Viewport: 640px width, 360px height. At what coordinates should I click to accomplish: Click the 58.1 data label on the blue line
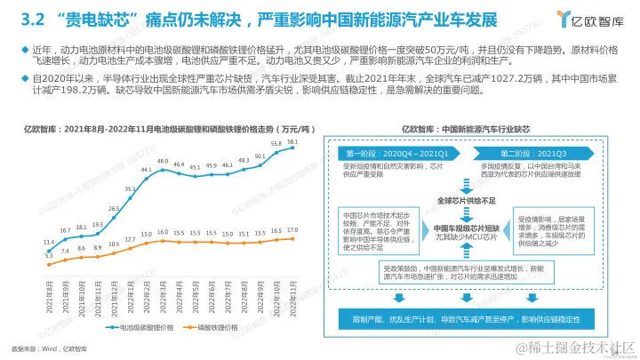click(x=293, y=141)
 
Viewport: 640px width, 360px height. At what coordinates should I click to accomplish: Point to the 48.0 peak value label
click(x=164, y=161)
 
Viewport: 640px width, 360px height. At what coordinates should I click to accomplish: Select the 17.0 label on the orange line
click(x=293, y=229)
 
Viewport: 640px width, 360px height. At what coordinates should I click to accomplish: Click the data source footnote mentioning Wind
click(x=44, y=348)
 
